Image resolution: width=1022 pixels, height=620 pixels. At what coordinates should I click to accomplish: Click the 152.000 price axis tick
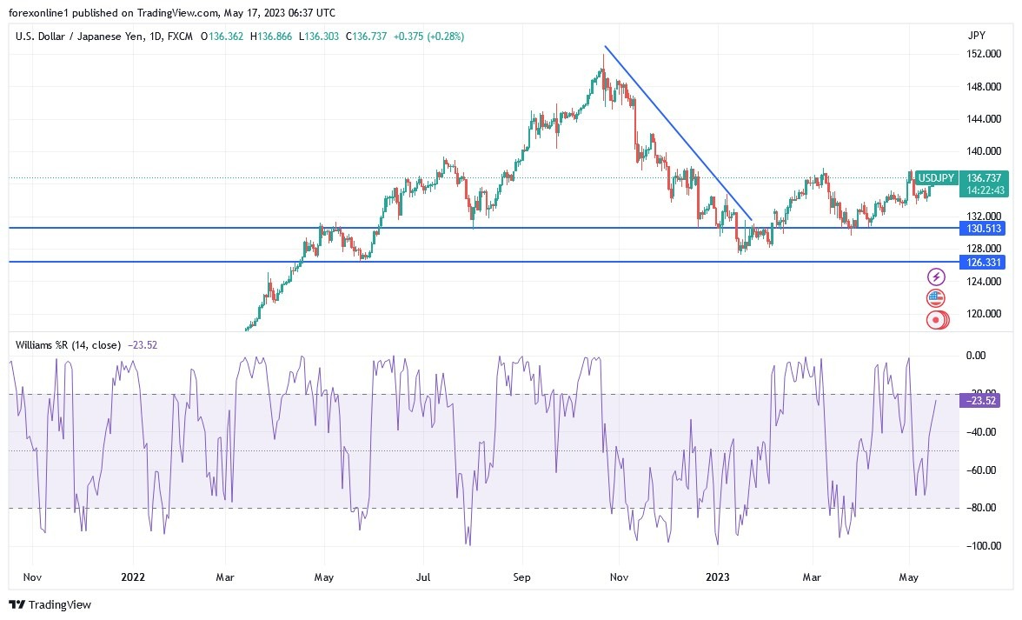click(983, 54)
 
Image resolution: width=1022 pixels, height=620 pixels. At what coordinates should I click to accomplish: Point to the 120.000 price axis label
click(983, 314)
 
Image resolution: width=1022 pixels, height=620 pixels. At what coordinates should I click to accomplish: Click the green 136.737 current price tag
click(985, 178)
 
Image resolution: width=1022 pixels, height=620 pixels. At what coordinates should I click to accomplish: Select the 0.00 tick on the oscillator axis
click(977, 356)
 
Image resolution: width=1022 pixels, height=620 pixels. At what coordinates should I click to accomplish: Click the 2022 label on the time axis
click(133, 577)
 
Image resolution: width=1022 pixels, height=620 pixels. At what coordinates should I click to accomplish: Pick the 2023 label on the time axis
click(718, 577)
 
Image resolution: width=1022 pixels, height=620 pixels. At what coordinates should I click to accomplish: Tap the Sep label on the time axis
click(522, 577)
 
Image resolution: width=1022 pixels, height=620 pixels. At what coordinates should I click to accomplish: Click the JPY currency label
click(976, 36)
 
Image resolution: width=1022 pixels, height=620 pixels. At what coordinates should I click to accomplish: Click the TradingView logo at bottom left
click(50, 604)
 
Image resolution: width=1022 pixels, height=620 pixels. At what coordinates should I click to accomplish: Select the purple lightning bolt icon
click(936, 277)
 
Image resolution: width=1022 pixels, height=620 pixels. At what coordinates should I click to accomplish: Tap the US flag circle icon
click(936, 298)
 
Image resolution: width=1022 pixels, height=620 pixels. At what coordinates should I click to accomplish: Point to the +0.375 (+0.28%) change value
click(428, 37)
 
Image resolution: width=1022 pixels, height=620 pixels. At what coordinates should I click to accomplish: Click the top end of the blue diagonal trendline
click(605, 46)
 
